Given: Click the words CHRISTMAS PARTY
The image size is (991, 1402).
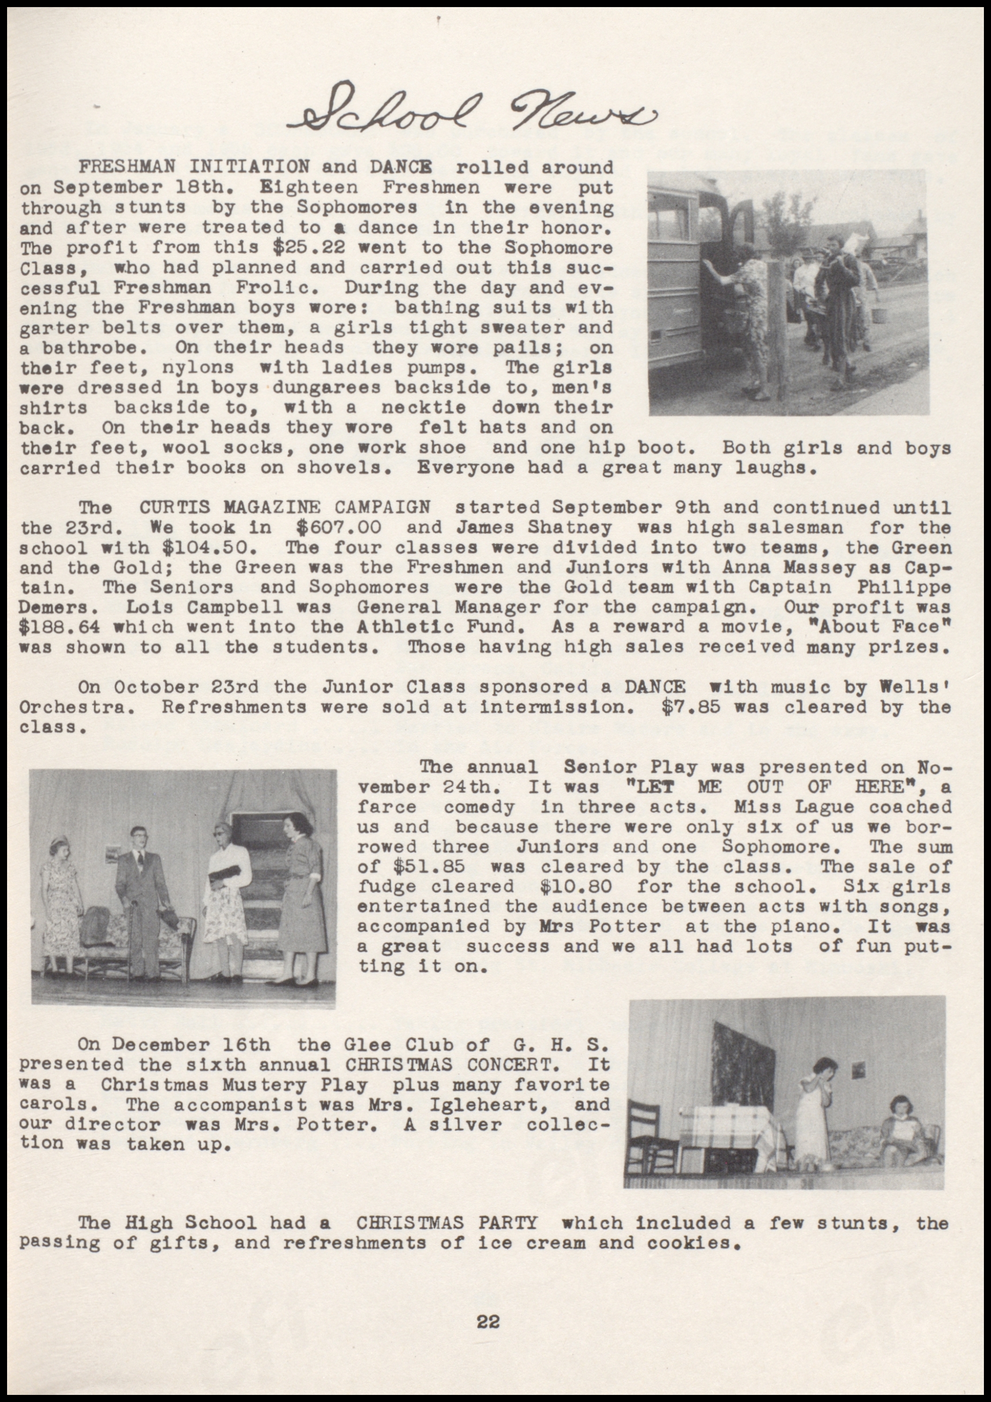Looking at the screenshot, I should tap(446, 1223).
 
